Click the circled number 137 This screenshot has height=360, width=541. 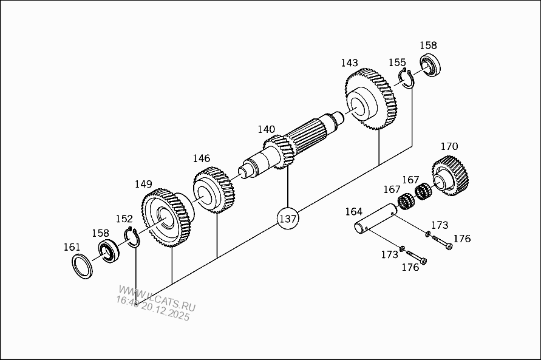tap(288, 219)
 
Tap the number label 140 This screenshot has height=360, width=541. tap(267, 129)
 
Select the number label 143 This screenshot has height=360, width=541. tap(350, 63)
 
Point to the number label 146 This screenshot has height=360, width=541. tap(201, 158)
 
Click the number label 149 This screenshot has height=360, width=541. tap(143, 184)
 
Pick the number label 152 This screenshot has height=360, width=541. tap(124, 219)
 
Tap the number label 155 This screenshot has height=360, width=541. tap(397, 63)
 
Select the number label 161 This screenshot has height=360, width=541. tap(72, 247)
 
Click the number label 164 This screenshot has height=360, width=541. tap(354, 211)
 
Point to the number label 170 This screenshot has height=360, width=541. tap(449, 146)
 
